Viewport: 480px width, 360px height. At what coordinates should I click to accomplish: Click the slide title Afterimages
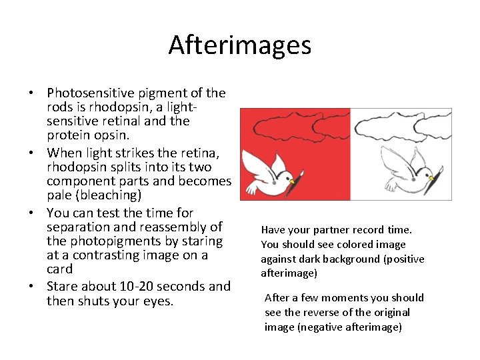(x=239, y=45)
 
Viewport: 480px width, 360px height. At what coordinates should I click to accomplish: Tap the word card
(x=60, y=269)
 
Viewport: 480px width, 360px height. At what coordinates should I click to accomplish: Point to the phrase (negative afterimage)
(x=333, y=327)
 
